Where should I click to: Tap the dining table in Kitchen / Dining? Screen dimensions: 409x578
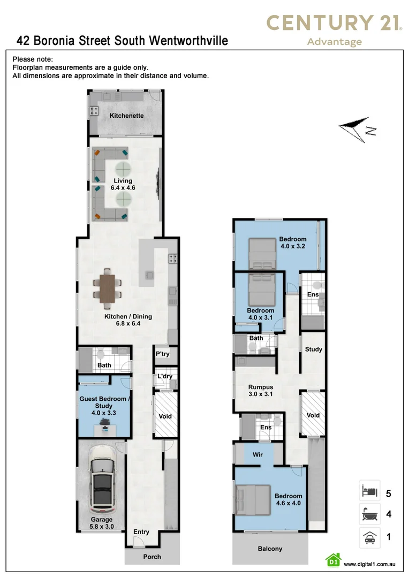[x=107, y=288]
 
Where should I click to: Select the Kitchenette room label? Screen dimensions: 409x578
[x=126, y=116]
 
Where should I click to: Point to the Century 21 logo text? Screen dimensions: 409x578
[x=334, y=23]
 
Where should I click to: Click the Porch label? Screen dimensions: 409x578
[x=152, y=557]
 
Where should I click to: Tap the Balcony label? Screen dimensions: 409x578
[x=270, y=549]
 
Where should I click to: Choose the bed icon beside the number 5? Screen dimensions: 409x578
[x=369, y=491]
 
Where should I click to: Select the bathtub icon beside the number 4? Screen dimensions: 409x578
[x=369, y=514]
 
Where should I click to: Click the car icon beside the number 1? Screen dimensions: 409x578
[x=369, y=537]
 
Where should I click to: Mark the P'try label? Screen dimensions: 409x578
[x=162, y=354]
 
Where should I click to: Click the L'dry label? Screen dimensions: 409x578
[x=165, y=376]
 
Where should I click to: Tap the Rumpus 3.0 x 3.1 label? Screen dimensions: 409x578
[x=260, y=390]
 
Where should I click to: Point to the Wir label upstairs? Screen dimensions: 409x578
[x=258, y=454]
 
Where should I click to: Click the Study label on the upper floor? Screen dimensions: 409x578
[x=314, y=349]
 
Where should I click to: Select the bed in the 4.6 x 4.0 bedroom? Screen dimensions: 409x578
[x=254, y=500]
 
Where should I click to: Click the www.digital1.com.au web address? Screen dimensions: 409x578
[x=369, y=564]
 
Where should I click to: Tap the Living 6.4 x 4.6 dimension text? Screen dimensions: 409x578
[x=123, y=188]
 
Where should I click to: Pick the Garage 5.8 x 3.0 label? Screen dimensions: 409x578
[x=101, y=523]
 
